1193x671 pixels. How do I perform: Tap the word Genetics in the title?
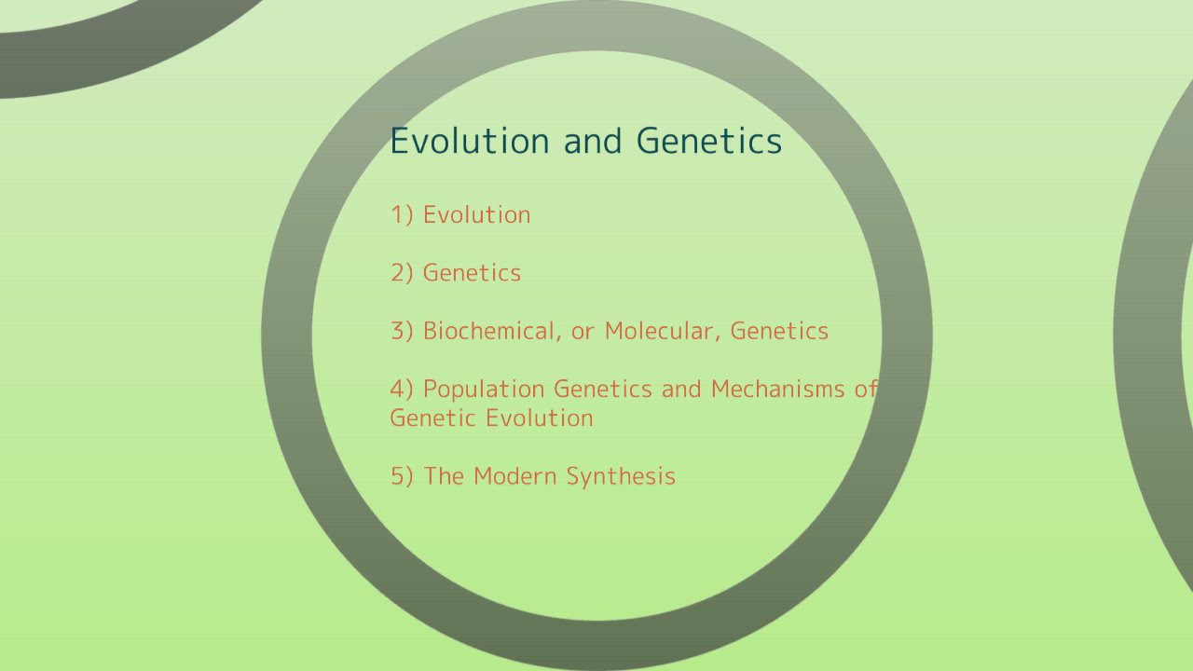click(709, 141)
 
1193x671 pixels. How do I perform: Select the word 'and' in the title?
click(593, 141)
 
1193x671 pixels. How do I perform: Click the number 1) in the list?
click(402, 215)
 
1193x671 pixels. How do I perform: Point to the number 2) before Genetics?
click(402, 273)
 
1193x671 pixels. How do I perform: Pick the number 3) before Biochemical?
click(402, 331)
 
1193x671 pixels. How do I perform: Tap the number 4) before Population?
click(402, 389)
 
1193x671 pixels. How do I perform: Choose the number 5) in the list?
click(402, 476)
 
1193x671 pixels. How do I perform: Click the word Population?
click(484, 389)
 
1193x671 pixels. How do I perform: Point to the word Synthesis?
click(621, 476)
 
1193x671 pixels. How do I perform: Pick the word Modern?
click(515, 476)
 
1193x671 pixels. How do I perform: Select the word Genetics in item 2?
click(472, 273)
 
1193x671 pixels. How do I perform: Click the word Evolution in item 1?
click(476, 215)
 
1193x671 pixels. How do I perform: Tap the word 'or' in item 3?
click(583, 331)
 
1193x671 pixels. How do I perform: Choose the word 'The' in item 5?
click(444, 476)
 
